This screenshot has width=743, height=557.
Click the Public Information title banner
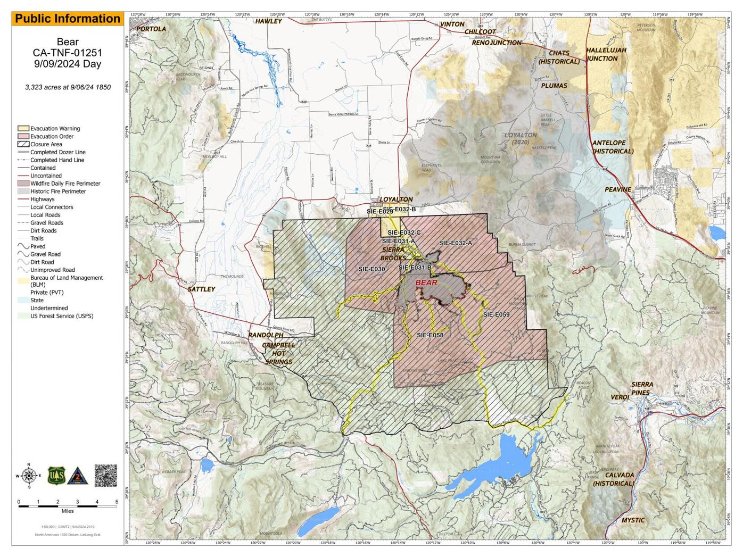click(68, 19)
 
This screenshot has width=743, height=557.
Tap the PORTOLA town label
click(151, 29)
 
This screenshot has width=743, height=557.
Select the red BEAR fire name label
click(426, 282)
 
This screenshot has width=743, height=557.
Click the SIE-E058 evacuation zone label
click(430, 335)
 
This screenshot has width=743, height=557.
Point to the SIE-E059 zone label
click(496, 314)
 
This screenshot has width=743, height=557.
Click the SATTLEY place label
click(201, 289)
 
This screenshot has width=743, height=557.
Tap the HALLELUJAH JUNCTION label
click(606, 54)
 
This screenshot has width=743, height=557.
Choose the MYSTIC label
click(632, 520)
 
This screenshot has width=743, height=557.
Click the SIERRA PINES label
click(642, 388)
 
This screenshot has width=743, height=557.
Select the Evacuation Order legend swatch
click(23, 136)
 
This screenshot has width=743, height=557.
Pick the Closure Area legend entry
click(46, 144)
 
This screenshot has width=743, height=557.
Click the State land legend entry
click(37, 300)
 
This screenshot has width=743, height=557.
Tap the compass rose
click(29, 475)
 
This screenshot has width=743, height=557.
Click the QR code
click(105, 475)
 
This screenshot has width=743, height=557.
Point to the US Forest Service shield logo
click(56, 475)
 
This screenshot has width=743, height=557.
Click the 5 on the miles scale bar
click(117, 502)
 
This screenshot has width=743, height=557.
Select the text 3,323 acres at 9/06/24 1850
click(68, 87)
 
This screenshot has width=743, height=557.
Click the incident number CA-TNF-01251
click(68, 53)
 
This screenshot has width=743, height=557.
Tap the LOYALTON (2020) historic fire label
click(521, 138)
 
